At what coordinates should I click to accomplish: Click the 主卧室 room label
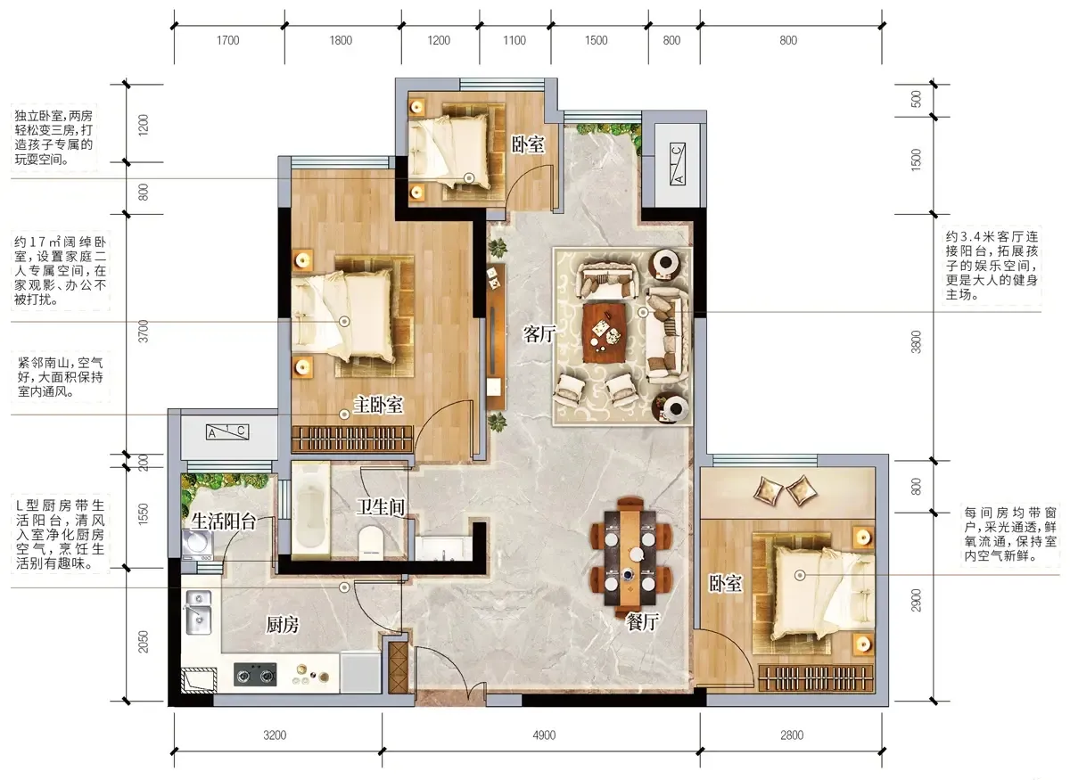378,406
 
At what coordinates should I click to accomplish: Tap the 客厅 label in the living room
539,334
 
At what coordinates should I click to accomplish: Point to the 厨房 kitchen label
283,624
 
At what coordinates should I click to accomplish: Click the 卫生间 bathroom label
381,507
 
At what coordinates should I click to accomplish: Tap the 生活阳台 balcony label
224,521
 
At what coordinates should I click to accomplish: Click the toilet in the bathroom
371,544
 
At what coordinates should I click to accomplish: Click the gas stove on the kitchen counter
255,675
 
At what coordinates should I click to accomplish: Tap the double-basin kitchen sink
199,612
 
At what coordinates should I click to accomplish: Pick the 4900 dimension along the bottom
544,735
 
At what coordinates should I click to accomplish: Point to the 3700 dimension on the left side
144,331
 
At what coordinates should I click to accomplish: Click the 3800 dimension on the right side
916,341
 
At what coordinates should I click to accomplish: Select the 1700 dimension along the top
228,41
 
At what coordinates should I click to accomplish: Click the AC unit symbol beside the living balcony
678,164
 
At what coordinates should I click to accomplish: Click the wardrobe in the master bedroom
352,438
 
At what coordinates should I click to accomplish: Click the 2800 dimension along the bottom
792,735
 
